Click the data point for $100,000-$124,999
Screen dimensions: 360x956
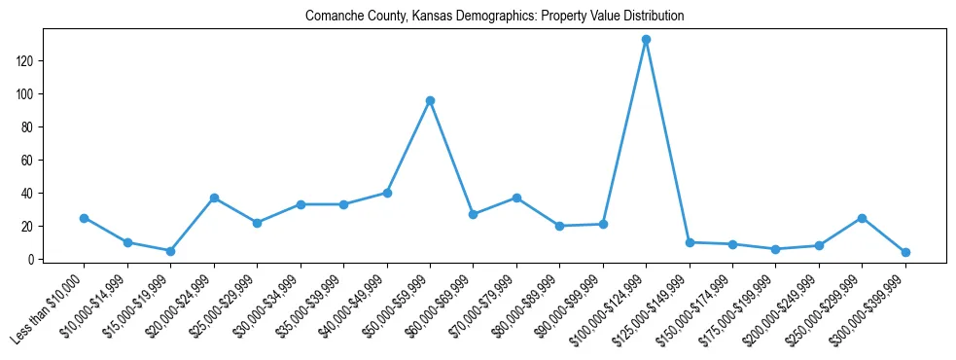[646, 40]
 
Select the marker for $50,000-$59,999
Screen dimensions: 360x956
[430, 100]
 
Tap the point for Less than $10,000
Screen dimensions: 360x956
[84, 218]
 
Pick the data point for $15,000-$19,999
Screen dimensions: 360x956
[170, 251]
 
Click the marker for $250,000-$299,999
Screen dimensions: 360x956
[862, 218]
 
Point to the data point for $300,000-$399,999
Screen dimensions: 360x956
[905, 252]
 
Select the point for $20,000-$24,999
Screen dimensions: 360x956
[214, 198]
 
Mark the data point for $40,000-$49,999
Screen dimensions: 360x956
[387, 193]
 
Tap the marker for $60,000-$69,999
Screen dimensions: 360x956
[473, 214]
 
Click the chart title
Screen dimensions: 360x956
[494, 16]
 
